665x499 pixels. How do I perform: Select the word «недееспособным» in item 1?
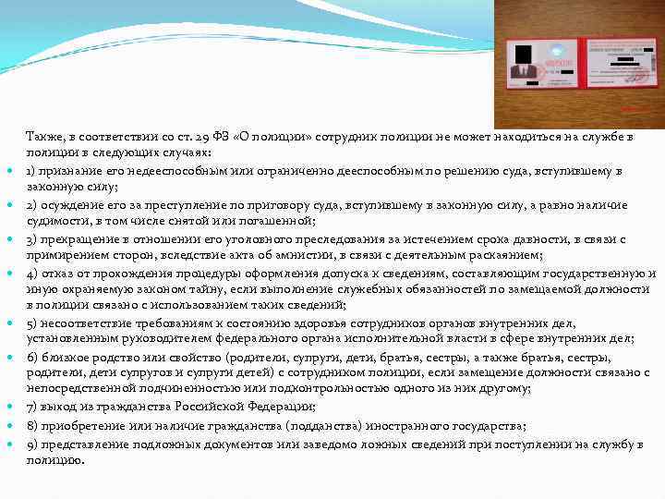(x=138, y=171)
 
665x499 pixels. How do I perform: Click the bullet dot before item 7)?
(x=9, y=408)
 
